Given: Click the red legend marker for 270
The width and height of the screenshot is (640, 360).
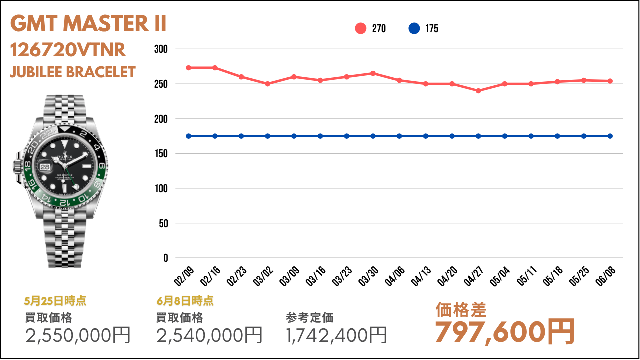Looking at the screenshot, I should point(361,28).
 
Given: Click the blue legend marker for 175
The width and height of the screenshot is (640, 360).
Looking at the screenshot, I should point(414,28).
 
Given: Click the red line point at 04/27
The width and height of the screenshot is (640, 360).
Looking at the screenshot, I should point(478,91).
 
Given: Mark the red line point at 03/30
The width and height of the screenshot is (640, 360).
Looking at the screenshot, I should point(373,73).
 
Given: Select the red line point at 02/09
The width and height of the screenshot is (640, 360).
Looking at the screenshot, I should point(188,68).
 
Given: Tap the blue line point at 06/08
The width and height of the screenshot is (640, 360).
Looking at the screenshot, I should point(610,136).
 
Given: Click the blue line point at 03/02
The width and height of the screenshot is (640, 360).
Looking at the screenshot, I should point(267,136).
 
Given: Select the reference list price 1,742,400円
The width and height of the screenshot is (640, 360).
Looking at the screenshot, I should point(337,335).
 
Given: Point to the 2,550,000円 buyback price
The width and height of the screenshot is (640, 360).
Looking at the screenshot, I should point(78,335).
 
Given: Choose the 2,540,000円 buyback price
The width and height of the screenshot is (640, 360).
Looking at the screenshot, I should point(209,335).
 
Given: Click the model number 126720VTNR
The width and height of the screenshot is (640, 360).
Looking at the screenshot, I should point(68,50).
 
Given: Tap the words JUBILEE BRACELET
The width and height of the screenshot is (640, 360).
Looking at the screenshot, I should point(73,72).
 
